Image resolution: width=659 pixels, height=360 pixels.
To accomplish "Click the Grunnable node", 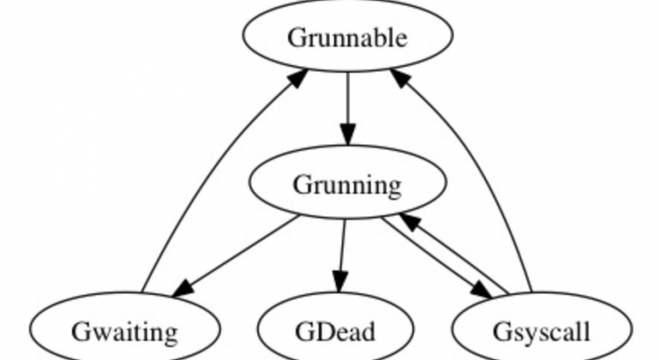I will click(x=348, y=38).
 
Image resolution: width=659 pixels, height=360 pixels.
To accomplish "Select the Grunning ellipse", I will click(x=347, y=184).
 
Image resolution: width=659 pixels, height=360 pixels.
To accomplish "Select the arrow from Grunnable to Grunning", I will click(x=348, y=105).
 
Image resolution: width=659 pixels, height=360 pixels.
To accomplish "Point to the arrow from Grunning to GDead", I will click(x=342, y=255).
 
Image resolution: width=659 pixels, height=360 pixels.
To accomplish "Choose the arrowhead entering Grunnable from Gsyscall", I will click(x=400, y=79).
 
